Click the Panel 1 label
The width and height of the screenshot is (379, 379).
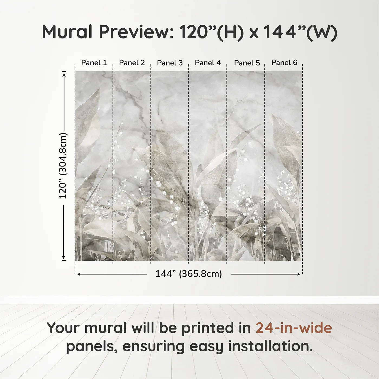[94, 63]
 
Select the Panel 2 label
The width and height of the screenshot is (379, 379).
[132, 63]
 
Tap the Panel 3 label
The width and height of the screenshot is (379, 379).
[170, 63]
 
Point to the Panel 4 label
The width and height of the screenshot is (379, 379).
[208, 63]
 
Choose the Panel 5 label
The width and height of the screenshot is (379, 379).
[247, 63]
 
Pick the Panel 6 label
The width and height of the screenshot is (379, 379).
[284, 63]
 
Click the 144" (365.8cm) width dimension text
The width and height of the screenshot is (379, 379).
[188, 274]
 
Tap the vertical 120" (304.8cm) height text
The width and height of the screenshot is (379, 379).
[63, 166]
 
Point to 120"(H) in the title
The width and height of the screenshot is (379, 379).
[211, 32]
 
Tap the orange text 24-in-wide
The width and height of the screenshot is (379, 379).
[294, 328]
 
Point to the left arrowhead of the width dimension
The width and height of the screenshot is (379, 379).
[79, 274]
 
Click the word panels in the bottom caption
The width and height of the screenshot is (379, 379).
[92, 347]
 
